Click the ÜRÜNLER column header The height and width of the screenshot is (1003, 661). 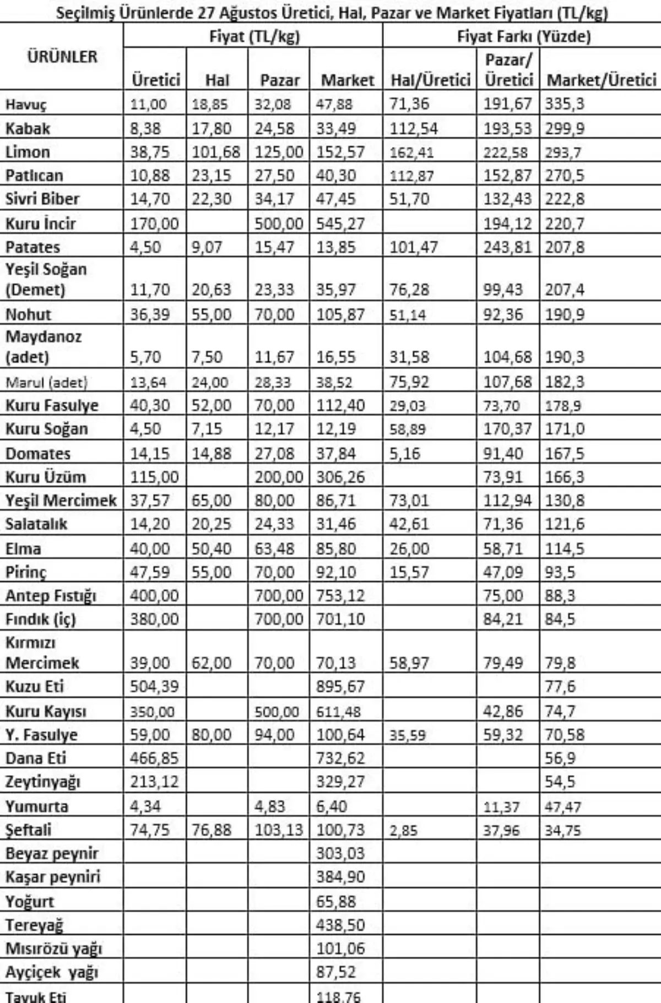(x=62, y=57)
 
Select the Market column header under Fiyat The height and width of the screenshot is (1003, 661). (x=347, y=80)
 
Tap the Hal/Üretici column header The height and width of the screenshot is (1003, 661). (x=430, y=80)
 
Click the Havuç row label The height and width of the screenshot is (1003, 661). (x=26, y=105)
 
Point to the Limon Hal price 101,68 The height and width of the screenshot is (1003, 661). (x=216, y=152)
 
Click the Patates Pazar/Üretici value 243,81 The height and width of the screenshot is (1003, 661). (x=508, y=247)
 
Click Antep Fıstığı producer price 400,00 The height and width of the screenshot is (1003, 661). (x=154, y=596)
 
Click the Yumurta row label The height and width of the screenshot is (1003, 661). (x=37, y=807)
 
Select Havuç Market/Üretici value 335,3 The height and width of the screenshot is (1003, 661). (x=565, y=104)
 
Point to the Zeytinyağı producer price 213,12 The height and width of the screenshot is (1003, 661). (x=154, y=782)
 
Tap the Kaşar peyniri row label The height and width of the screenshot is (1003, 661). (x=53, y=876)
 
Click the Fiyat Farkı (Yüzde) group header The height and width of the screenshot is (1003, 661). (x=524, y=37)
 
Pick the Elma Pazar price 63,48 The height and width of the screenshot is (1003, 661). (x=274, y=549)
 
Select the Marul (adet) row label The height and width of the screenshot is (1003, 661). (x=46, y=382)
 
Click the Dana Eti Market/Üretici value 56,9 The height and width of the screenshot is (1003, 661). (x=560, y=759)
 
